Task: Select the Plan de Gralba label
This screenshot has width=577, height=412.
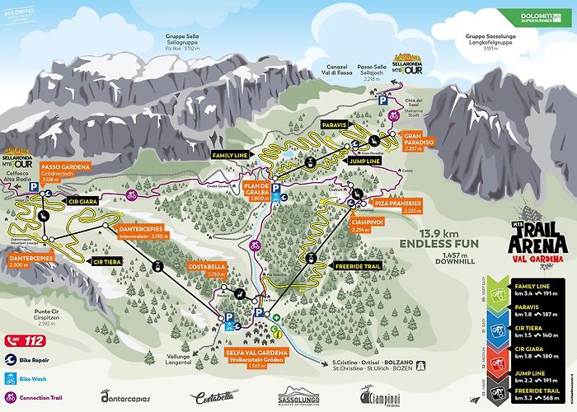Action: click(x=256, y=191)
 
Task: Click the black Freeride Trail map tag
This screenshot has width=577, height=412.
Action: click(x=356, y=267)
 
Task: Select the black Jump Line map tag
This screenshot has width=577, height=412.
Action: click(x=363, y=162)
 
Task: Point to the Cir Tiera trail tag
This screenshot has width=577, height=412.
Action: click(x=108, y=261)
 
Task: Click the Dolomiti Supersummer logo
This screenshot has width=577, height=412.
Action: click(x=535, y=16)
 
